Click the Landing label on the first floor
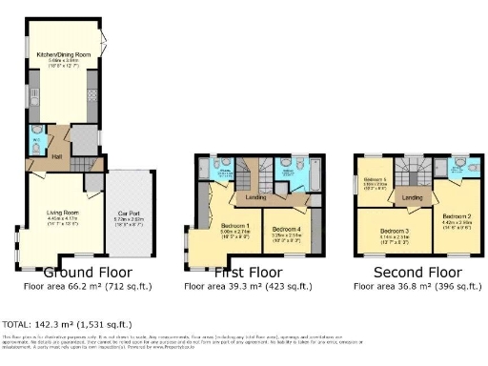point(254,197)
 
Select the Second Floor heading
point(411,272)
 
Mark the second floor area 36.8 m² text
point(411,285)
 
